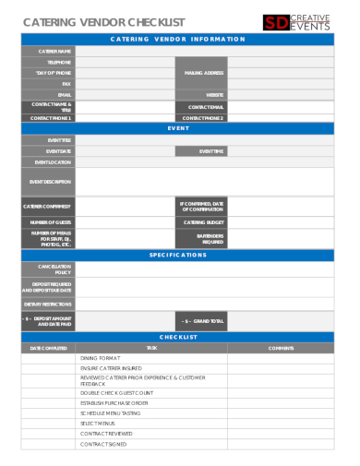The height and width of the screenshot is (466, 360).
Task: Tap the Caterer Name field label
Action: [54, 51]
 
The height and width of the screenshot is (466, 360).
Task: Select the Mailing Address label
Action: [202, 72]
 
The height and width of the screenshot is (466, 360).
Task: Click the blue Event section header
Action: [178, 128]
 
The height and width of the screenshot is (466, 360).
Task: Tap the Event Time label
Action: [211, 150]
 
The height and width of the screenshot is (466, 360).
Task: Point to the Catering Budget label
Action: [203, 222]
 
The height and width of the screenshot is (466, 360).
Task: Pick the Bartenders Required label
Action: [210, 238]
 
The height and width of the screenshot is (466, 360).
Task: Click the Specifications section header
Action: [178, 255]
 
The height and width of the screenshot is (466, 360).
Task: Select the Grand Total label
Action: [203, 321]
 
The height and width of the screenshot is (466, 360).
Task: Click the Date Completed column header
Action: [49, 347]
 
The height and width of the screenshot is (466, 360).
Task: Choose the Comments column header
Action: [280, 347]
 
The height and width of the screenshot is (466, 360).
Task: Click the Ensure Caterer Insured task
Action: [104, 368]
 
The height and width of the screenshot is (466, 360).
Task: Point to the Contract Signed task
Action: [103, 444]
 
